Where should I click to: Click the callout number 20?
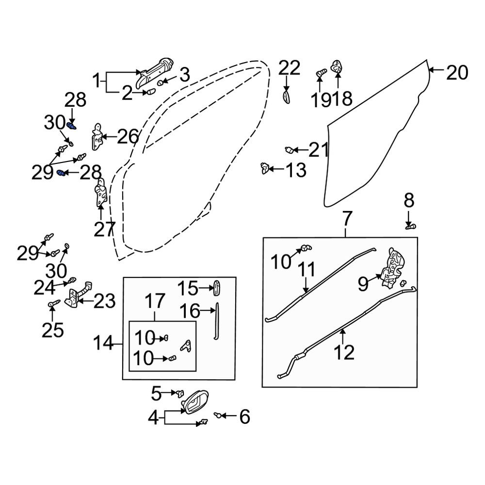tap(457, 73)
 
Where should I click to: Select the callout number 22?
tap(289, 68)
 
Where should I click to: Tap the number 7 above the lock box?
tap(347, 219)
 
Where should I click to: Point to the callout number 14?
tap(103, 343)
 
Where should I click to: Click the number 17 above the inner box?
tap(155, 302)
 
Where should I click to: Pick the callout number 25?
tap(52, 330)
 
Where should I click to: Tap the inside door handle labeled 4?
tap(195, 402)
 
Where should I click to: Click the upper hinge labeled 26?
tap(98, 137)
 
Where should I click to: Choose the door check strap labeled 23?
tap(79, 294)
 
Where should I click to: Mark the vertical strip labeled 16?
tap(216, 321)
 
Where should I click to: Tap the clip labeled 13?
tap(264, 168)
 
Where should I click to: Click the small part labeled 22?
tap(286, 97)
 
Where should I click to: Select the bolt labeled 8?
tap(410, 226)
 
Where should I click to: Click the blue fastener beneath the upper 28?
tap(71, 126)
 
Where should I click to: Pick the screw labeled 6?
tap(218, 415)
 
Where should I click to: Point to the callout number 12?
tap(344, 352)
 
